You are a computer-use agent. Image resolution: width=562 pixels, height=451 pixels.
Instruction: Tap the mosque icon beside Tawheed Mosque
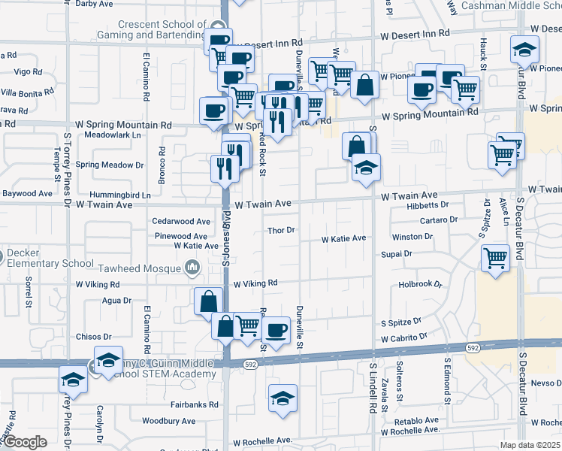192,266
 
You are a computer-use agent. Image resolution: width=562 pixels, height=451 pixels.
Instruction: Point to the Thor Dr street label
282,230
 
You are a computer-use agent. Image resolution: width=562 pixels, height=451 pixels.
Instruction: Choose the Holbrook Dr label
421,285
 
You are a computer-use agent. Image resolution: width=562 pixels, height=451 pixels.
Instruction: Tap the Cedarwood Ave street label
181,222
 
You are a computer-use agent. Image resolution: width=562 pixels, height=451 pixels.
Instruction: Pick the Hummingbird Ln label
124,195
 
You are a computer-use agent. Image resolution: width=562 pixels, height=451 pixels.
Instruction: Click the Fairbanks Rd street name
193,404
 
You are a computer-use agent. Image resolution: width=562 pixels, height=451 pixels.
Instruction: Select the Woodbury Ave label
169,421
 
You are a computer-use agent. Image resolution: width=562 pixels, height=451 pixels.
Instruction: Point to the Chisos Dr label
94,337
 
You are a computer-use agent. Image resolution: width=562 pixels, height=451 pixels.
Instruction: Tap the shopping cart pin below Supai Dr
495,259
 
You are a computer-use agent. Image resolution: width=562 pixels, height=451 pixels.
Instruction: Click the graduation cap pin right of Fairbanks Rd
283,398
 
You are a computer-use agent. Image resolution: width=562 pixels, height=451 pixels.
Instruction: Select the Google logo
25,442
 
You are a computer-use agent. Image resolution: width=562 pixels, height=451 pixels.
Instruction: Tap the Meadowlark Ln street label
113,135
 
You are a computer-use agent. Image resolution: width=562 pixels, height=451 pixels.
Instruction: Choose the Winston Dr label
412,237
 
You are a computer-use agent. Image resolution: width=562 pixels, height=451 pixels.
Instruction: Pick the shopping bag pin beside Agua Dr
208,301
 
